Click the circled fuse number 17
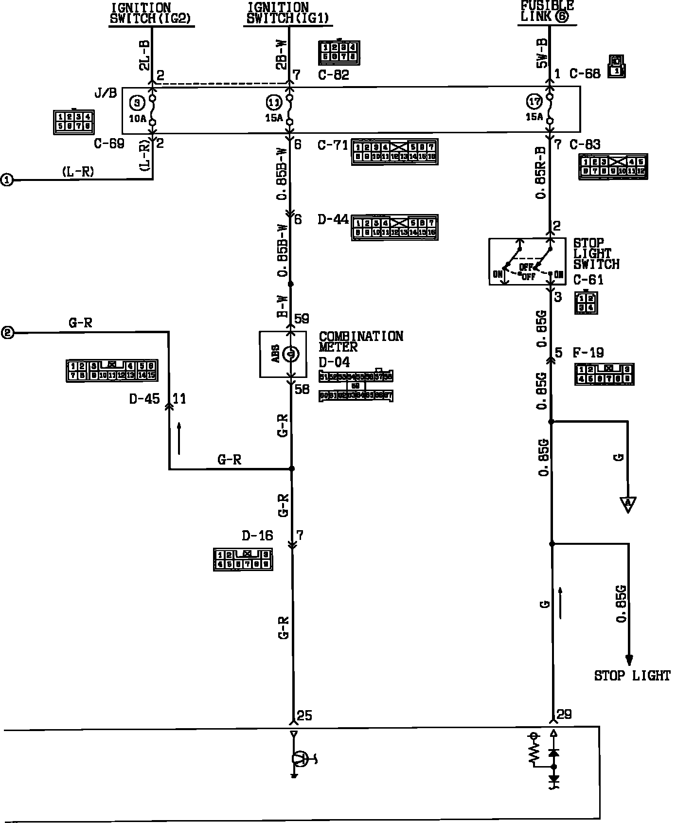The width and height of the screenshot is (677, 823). point(534,101)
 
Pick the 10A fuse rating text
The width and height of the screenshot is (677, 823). point(137,118)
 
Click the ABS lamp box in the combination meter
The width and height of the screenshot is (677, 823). point(283,354)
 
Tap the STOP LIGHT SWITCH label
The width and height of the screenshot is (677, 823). point(596,253)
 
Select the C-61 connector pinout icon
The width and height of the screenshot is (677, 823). point(586,303)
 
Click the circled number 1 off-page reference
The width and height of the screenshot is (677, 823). point(7,180)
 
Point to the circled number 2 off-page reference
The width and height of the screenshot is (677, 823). point(7,333)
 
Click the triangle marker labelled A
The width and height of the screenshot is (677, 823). point(628,503)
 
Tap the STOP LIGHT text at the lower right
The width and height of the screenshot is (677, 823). point(632,676)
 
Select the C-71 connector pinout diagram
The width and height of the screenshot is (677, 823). point(394,152)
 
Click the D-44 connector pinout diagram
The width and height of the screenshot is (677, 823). point(394,227)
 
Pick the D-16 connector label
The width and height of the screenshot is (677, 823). point(257,536)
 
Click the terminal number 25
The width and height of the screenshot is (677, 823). point(304,715)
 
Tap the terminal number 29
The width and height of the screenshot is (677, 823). point(564,714)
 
